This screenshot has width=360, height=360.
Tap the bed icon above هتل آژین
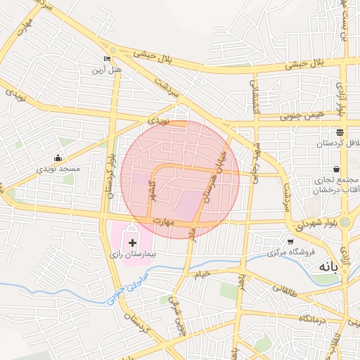(x=107, y=58)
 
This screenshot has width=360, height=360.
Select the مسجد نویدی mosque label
(x=60, y=169)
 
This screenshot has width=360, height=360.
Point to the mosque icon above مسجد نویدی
(x=58, y=158)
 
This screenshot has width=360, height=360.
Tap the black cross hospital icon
(x=134, y=231)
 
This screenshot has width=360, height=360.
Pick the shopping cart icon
(x=290, y=242)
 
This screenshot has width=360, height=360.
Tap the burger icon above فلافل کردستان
(x=340, y=132)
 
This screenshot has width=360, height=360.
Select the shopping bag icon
(x=337, y=169)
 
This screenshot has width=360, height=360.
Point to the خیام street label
(x=204, y=273)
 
